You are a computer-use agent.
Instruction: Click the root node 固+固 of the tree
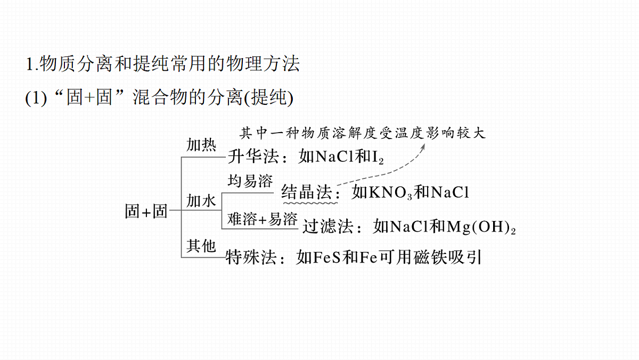tap(146, 211)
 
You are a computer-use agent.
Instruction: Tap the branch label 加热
tap(201, 145)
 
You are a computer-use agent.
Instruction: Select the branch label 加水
tap(201, 201)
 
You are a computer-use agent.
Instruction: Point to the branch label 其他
tap(201, 246)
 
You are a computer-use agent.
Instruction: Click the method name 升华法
tap(253, 157)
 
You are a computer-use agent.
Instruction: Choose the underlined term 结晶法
tap(306, 191)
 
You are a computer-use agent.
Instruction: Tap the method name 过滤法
tap(328, 226)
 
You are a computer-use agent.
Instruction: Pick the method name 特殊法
tap(251, 257)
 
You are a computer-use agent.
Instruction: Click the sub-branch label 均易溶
tap(250, 181)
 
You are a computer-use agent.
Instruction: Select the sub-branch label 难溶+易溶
tap(262, 219)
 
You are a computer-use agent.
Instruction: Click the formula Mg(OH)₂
tap(481, 227)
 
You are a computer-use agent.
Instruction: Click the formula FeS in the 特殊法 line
tap(326, 257)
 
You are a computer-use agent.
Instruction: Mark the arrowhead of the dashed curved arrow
tap(424, 146)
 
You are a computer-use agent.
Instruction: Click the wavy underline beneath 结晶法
tap(310, 203)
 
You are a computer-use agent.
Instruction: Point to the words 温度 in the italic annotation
tap(408, 133)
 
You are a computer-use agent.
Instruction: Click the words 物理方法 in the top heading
tap(263, 63)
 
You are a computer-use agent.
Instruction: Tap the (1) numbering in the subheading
tap(36, 98)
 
